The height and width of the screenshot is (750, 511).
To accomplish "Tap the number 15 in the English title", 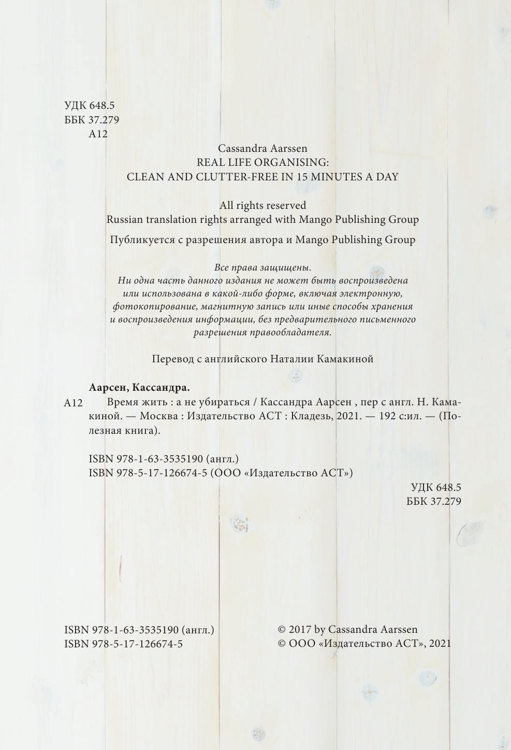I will point(302,177).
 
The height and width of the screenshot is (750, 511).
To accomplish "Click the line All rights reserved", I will point(262,205).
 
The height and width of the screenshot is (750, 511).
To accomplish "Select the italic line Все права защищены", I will point(262,267).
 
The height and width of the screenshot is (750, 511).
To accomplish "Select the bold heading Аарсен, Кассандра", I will point(139,388).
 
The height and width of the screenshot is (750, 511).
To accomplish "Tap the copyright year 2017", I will point(300,629).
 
